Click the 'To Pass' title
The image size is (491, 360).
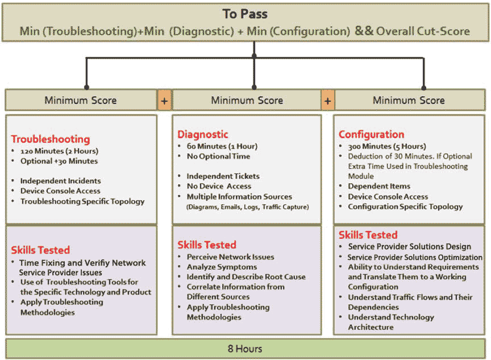tap(245, 14)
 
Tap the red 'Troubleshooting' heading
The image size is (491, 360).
tap(51, 139)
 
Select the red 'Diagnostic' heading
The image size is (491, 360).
tap(203, 135)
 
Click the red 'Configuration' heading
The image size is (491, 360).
tap(372, 135)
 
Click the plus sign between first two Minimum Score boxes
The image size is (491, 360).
tap(164, 101)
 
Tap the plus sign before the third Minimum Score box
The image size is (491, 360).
tap(327, 101)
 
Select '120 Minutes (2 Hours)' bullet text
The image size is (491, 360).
tap(59, 151)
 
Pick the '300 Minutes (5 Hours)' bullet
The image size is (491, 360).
tap(387, 146)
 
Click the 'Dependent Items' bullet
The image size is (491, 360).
tap(379, 186)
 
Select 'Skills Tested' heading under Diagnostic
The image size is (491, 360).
tap(207, 245)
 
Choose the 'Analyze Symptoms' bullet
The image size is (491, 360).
tap(222, 267)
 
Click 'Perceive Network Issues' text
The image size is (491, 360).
tap(230, 256)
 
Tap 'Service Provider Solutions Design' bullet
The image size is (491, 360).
tap(409, 247)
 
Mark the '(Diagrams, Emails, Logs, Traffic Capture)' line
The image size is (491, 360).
tap(247, 207)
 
